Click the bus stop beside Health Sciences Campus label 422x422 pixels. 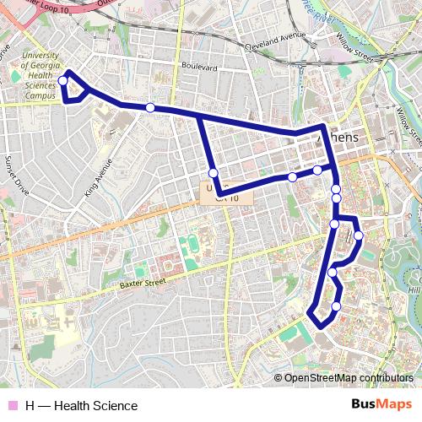pos(63,81)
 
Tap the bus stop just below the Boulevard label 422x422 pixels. pos(149,107)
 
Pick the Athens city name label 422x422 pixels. pos(342,138)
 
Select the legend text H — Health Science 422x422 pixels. pos(81,406)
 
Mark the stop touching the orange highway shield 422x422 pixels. pos(214,173)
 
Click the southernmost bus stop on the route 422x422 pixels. pos(336,306)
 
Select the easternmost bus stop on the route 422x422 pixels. pos(358,235)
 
